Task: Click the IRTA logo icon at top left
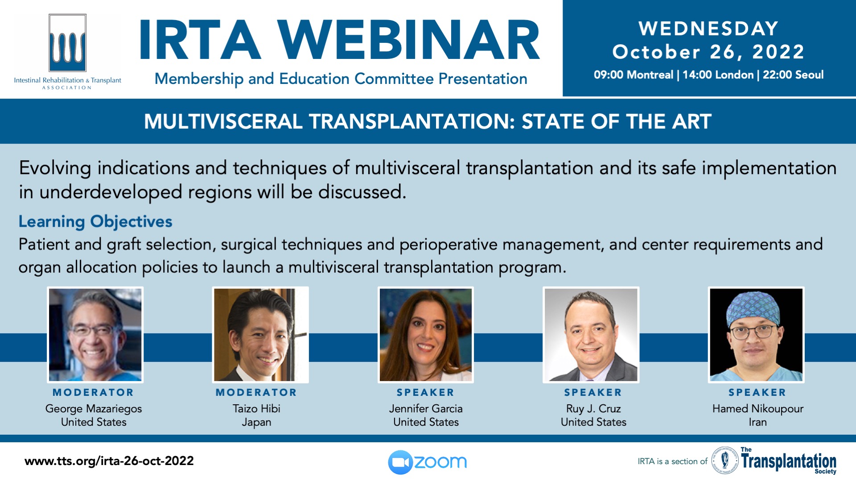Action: (x=67, y=43)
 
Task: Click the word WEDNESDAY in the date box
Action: (x=708, y=29)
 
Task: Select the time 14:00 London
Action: (x=718, y=75)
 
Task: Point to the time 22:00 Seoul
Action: (x=793, y=75)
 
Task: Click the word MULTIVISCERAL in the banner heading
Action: (x=223, y=121)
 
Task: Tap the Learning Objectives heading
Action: (x=95, y=222)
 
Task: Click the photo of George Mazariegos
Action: (x=95, y=335)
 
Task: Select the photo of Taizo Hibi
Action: (x=260, y=335)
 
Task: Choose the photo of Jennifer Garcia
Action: (x=426, y=335)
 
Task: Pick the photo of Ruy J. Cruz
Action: (x=591, y=335)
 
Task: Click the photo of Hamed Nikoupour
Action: (x=757, y=335)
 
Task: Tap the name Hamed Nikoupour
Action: (x=758, y=409)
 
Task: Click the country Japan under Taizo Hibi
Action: (x=256, y=423)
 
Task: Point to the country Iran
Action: (x=758, y=422)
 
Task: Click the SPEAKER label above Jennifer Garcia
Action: (x=426, y=393)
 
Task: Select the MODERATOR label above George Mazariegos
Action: (x=93, y=393)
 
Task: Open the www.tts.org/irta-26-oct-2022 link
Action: (x=109, y=461)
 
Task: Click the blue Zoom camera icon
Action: (x=400, y=462)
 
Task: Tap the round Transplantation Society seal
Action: (x=724, y=460)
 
